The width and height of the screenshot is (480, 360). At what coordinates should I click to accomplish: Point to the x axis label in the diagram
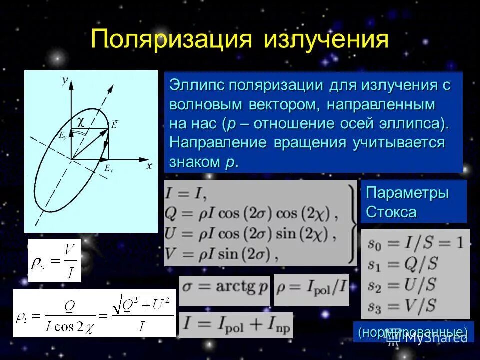149,166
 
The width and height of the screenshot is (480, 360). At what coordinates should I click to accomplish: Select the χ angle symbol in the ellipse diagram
81,121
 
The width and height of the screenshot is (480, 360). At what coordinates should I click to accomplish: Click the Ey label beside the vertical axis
63,135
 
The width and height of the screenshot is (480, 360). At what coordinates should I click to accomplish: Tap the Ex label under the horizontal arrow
108,169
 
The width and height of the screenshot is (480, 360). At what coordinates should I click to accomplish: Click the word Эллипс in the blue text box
197,85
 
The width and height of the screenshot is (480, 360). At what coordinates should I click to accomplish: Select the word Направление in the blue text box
219,142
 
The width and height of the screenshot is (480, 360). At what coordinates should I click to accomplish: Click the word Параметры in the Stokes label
407,193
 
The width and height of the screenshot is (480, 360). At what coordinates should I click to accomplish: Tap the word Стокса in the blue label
391,212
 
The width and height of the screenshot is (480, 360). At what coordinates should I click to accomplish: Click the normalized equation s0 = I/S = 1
415,243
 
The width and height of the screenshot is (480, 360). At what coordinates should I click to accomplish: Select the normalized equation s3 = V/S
401,305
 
